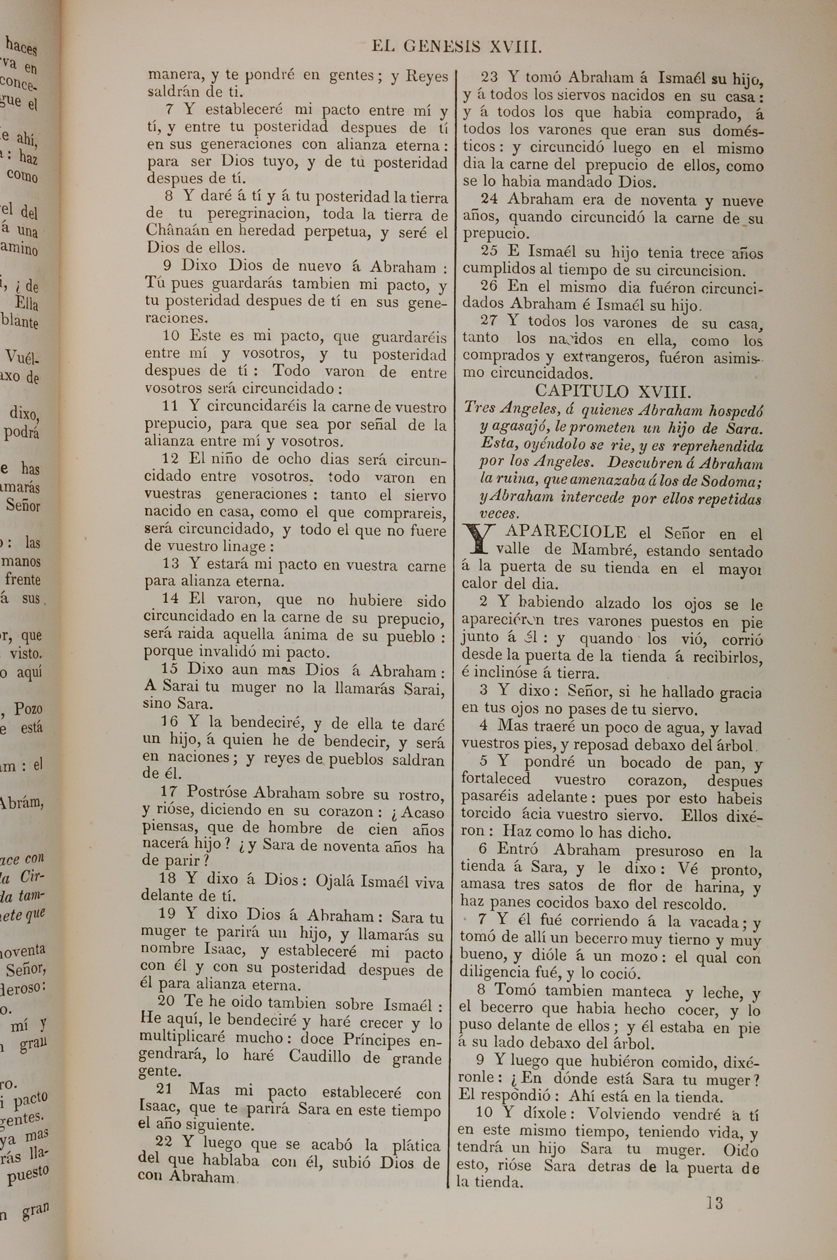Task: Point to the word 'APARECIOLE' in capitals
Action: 566,532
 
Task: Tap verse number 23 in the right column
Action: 490,77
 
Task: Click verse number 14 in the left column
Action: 170,599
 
